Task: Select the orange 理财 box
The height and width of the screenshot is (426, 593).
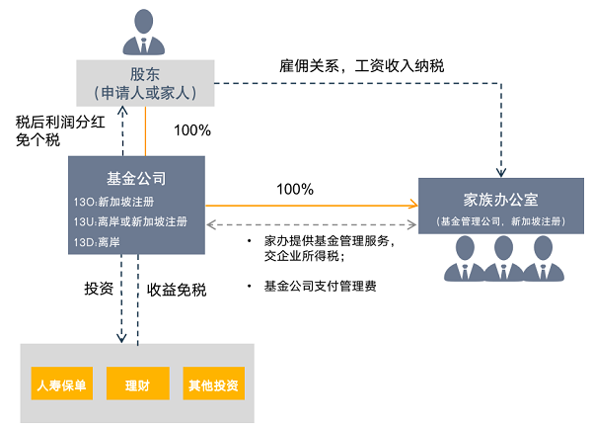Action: tap(138, 383)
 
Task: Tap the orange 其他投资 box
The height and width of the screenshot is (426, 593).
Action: tap(213, 383)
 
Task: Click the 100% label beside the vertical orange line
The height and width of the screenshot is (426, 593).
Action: tap(192, 129)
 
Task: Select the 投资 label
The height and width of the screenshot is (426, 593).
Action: tap(99, 290)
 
